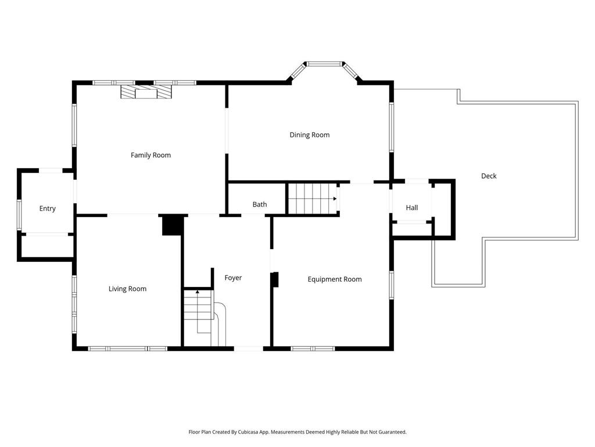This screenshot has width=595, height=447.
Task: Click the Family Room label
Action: (150, 155)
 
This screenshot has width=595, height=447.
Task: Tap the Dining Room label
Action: (310, 135)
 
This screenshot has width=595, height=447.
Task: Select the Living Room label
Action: (127, 289)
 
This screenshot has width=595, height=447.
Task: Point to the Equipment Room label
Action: (335, 279)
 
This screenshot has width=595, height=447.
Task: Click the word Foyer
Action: (233, 278)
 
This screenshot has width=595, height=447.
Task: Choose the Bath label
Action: (260, 204)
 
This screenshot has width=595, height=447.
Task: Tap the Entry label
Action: (48, 209)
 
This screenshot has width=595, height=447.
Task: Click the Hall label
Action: (412, 208)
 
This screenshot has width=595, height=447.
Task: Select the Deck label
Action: (489, 176)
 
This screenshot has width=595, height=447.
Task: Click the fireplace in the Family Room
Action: (146, 92)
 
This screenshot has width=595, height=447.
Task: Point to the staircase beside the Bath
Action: (313, 198)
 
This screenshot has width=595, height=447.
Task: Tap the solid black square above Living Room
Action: (172, 225)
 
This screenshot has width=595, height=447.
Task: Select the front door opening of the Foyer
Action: (249, 349)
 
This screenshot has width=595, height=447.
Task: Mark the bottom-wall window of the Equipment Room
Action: (313, 349)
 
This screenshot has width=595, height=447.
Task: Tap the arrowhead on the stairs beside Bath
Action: (335, 198)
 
